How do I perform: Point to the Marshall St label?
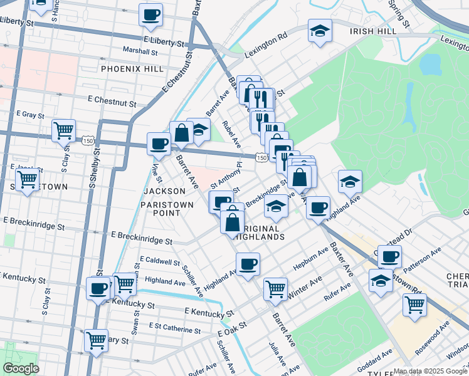pyautogui.click(x=140, y=51)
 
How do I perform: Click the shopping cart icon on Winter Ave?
pyautogui.click(x=275, y=290)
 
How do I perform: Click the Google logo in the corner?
pyautogui.click(x=20, y=368)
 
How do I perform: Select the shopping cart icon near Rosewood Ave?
pyautogui.click(x=414, y=305)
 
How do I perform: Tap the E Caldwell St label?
pyautogui.click(x=160, y=259)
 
